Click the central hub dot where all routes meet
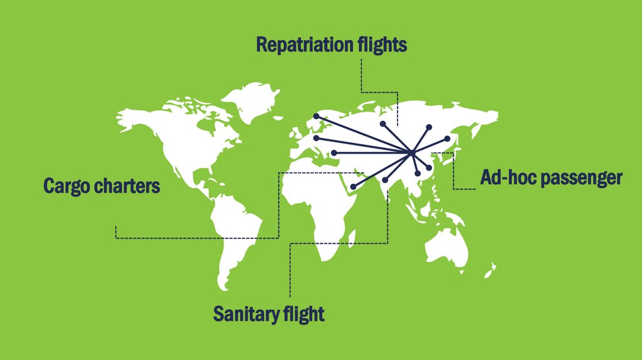(410, 153)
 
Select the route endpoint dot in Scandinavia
(317, 115)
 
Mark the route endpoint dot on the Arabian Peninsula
(353, 187)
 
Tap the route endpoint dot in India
(385, 180)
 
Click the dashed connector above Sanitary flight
(290, 270)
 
